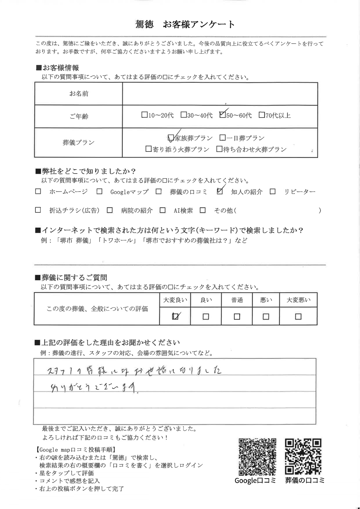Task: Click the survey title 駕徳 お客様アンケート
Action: [185, 24]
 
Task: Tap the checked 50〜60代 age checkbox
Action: [223, 115]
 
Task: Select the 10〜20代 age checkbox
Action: [144, 115]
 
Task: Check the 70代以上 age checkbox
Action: [262, 115]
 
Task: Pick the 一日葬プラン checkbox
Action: [223, 138]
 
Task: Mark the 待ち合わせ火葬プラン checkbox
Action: [219, 149]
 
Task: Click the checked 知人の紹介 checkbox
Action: [220, 191]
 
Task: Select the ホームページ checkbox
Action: [38, 192]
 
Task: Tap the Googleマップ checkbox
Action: [100, 192]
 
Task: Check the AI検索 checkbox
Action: [163, 210]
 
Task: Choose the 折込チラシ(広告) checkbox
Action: [38, 210]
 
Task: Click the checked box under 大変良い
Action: [175, 316]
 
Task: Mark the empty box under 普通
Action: [237, 316]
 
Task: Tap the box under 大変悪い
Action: [298, 316]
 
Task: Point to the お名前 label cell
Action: [78, 94]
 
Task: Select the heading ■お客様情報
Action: [57, 68]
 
